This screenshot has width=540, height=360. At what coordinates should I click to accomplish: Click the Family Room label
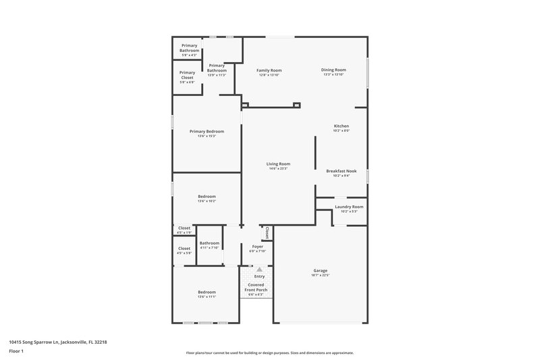click(x=269, y=70)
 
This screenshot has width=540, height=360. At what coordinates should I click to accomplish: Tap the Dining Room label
click(x=334, y=70)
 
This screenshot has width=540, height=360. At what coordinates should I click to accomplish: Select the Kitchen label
click(x=342, y=126)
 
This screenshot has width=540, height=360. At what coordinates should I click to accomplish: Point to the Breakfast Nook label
click(x=341, y=171)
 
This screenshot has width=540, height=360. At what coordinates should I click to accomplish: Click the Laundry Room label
click(x=349, y=207)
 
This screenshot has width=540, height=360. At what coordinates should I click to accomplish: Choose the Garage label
click(x=320, y=270)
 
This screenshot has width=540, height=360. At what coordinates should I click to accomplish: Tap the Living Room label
click(x=278, y=163)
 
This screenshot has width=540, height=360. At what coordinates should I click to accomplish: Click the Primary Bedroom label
click(x=207, y=131)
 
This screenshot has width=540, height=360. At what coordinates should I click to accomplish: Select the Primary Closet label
click(x=187, y=75)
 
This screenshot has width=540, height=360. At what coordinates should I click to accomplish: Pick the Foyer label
click(x=257, y=247)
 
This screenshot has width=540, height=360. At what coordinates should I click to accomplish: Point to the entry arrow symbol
click(x=259, y=269)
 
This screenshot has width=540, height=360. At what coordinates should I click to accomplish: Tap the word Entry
click(x=259, y=276)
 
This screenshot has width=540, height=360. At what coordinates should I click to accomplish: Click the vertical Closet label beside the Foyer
click(x=267, y=232)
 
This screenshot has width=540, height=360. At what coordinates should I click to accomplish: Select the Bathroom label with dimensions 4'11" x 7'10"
click(x=209, y=243)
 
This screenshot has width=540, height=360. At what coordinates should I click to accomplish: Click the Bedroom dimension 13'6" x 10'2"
click(x=207, y=201)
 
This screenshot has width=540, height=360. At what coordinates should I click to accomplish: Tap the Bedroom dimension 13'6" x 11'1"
click(x=207, y=297)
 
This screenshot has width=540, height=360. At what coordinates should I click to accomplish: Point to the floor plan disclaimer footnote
click(x=269, y=353)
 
